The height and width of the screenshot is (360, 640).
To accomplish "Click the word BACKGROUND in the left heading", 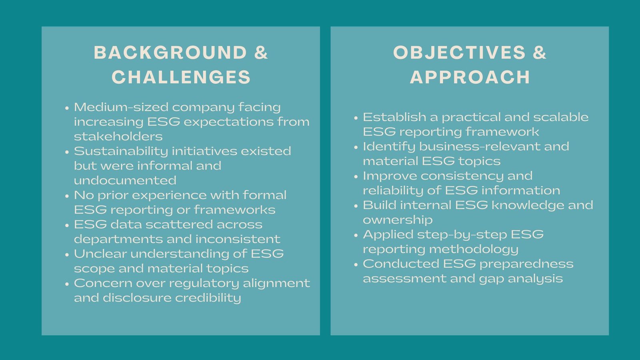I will pyautogui.click(x=170, y=53).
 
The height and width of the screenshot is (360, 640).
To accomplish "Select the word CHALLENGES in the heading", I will pyautogui.click(x=181, y=77).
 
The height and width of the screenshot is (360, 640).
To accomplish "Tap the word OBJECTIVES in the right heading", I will pyautogui.click(x=459, y=53).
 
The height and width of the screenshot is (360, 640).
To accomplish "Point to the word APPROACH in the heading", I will pyautogui.click(x=470, y=77).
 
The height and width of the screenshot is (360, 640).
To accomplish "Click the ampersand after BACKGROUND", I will pyautogui.click(x=261, y=53).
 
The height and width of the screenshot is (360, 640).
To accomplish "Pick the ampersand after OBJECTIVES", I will pyautogui.click(x=539, y=53).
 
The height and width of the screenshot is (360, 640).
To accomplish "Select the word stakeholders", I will pyautogui.click(x=118, y=136).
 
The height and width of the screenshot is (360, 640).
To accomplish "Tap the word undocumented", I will pyautogui.click(x=125, y=180).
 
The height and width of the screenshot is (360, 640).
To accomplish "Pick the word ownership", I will pyautogui.click(x=398, y=220).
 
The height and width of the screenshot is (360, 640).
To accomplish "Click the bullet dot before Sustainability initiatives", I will pyautogui.click(x=67, y=152).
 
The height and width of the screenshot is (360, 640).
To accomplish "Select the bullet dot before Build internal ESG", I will pyautogui.click(x=356, y=206).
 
